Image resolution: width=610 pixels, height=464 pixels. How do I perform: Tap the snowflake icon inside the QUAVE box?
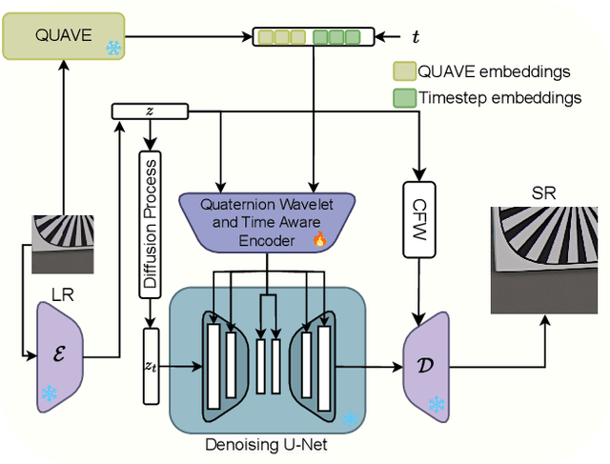click(113, 48)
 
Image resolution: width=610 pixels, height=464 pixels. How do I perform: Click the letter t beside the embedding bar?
click(415, 37)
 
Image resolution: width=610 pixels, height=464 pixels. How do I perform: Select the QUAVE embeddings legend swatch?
click(404, 72)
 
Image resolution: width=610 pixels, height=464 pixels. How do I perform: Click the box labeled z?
click(149, 111)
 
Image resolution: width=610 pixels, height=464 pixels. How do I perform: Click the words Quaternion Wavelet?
click(266, 204)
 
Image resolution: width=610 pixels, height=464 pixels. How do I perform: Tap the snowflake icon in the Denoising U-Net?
click(351, 418)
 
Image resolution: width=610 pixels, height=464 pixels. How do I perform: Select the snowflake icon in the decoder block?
click(437, 404)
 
